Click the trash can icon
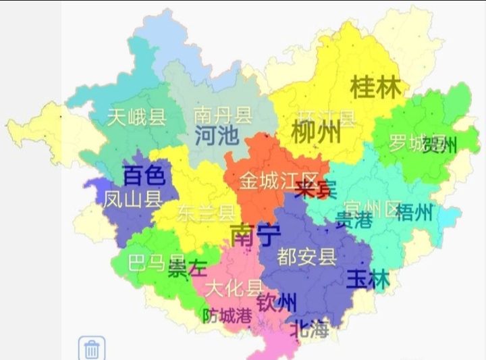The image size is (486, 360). coord(92,349)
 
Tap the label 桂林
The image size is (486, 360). coord(375,87)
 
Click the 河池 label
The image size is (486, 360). coord(217,136)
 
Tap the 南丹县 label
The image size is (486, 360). coord(223,114)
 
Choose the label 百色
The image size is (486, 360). coord(144,176)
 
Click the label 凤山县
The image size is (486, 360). coord(133,199)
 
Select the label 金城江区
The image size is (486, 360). coord(279,181)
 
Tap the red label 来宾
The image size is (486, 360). coord(315,189)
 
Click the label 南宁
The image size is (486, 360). coord(255,235)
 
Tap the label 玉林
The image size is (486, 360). coord(368,279)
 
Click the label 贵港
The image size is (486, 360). coord(354,220)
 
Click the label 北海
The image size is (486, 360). coord(310,330)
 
